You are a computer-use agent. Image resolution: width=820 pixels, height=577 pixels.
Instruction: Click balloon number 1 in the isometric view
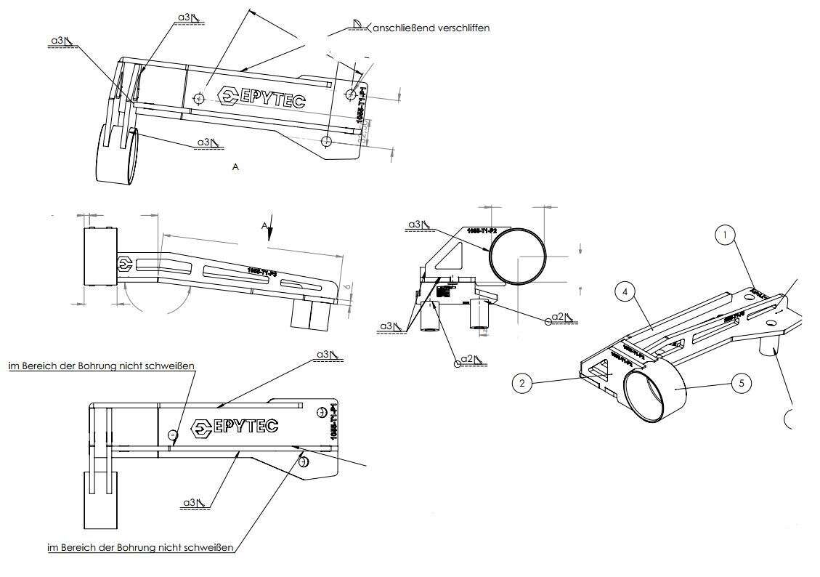[726, 235]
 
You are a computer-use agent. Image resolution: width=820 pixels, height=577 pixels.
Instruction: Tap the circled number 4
[625, 293]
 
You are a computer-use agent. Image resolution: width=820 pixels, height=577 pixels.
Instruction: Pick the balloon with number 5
[740, 382]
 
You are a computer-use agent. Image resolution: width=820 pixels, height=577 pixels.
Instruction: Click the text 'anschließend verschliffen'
[432, 28]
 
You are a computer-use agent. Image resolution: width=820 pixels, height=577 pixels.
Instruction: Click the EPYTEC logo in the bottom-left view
[234, 427]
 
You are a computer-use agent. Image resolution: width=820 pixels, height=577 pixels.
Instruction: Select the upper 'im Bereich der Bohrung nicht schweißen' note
[101, 366]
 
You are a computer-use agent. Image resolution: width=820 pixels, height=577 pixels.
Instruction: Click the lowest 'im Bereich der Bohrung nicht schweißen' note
[141, 547]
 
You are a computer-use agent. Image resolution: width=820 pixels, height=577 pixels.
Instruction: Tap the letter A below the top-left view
[235, 167]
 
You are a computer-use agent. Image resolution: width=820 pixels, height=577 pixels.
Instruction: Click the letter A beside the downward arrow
[264, 225]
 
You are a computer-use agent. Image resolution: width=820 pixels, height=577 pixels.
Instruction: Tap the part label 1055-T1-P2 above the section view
[482, 230]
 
